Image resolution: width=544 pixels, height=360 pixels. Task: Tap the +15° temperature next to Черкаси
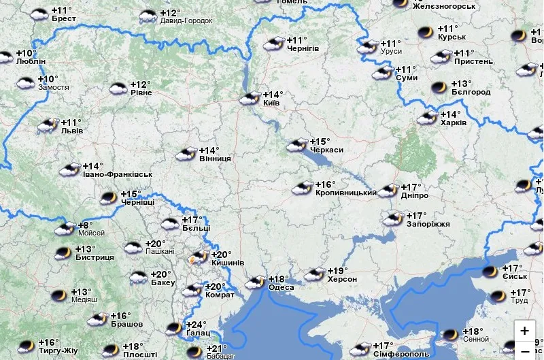point(320,141)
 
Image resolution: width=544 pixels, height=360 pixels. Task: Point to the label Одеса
point(282,287)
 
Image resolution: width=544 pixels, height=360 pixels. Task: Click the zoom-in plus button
point(524,331)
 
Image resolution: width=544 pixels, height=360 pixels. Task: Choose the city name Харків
point(454,123)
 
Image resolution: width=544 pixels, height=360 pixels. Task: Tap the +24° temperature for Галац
point(197,325)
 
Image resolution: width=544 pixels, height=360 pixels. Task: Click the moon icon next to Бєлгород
point(439,87)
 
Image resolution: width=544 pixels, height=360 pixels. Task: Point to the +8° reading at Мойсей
point(86,225)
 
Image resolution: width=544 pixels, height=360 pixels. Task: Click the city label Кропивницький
point(346,193)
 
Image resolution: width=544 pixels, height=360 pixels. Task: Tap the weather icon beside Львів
point(48,125)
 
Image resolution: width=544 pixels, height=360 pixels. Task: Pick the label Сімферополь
point(401,355)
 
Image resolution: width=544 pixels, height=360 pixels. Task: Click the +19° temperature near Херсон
point(338,270)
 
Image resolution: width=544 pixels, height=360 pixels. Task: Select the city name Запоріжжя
point(428,224)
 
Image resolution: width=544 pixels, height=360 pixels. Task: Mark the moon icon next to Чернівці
point(107,198)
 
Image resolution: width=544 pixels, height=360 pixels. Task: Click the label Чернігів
point(303,49)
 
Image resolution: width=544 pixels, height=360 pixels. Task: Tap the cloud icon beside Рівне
point(118,88)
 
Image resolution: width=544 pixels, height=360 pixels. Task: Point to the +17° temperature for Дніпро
point(411,186)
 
